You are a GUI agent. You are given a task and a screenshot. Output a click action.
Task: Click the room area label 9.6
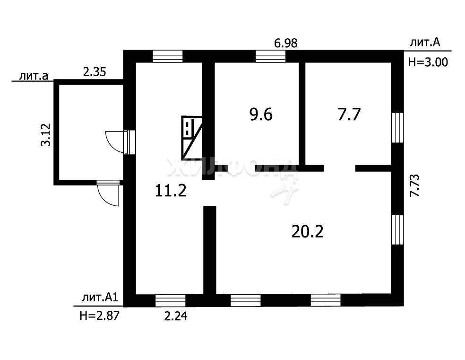click(261, 114)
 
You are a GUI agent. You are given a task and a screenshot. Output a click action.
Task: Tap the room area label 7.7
click(349, 114)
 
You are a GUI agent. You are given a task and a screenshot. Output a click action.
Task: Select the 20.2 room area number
click(308, 231)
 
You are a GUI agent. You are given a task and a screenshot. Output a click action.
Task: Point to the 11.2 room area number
click(171, 191)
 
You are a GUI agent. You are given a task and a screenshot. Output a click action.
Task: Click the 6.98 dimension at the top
click(286, 44)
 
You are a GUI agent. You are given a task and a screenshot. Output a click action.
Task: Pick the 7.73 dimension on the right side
click(414, 185)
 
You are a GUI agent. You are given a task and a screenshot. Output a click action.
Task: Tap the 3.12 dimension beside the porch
click(46, 134)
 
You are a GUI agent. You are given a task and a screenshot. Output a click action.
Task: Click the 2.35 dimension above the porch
click(95, 72)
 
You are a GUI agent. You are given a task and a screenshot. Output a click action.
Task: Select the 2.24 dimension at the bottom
click(176, 316)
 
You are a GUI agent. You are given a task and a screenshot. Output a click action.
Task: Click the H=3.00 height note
click(428, 62)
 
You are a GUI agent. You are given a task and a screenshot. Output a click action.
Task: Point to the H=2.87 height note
click(99, 316)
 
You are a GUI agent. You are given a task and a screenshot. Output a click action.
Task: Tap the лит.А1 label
click(100, 298)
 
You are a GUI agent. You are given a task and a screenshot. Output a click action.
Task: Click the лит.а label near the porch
click(34, 76)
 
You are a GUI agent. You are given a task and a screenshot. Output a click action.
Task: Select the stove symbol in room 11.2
click(192, 138)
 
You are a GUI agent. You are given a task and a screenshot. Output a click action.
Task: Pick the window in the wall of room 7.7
click(397, 128)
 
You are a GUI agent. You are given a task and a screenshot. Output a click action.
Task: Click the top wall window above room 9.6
click(270, 56)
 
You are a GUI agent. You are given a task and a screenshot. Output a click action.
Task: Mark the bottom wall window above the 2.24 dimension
click(171, 300)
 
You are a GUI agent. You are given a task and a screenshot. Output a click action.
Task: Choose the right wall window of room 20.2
click(397, 229)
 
